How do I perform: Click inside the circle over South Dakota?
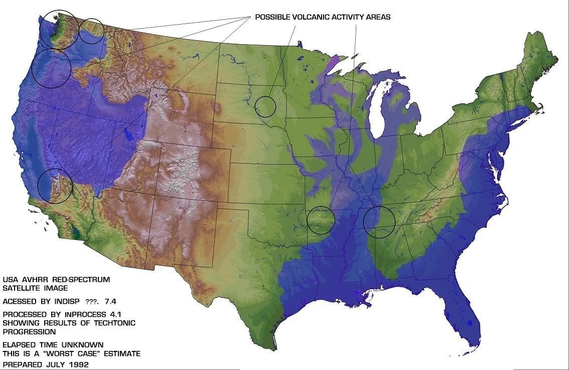pos(265,106)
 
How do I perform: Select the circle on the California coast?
pos(55,186)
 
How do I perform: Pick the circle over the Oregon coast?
pos(51,68)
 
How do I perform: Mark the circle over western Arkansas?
pos(321,220)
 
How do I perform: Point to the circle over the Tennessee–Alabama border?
pos(379,221)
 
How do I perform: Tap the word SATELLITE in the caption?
pos(23,288)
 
